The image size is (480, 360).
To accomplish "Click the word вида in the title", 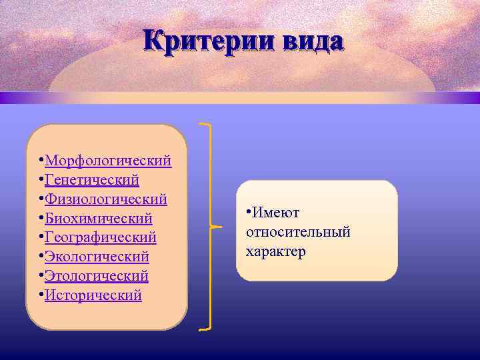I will (312, 41).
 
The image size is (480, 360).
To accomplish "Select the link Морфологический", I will (108, 161).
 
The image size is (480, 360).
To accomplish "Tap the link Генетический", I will (92, 180).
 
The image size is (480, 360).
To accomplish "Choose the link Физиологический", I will (106, 199).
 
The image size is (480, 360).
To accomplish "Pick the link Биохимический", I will (99, 219).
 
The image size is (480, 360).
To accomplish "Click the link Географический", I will (101, 237).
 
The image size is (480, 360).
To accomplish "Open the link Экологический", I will (97, 257).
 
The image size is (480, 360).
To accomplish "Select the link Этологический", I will (97, 276).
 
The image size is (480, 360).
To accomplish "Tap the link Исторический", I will (93, 295).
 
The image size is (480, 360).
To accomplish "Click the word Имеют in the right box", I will (275, 213).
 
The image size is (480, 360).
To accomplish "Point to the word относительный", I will (298, 232).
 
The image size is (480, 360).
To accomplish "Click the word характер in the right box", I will (275, 251).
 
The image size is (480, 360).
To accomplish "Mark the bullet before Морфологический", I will (41, 161).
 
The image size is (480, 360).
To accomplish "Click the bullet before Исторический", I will (41, 295).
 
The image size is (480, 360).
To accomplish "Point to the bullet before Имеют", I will (248, 213).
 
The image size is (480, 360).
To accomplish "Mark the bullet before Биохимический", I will (41, 219).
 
